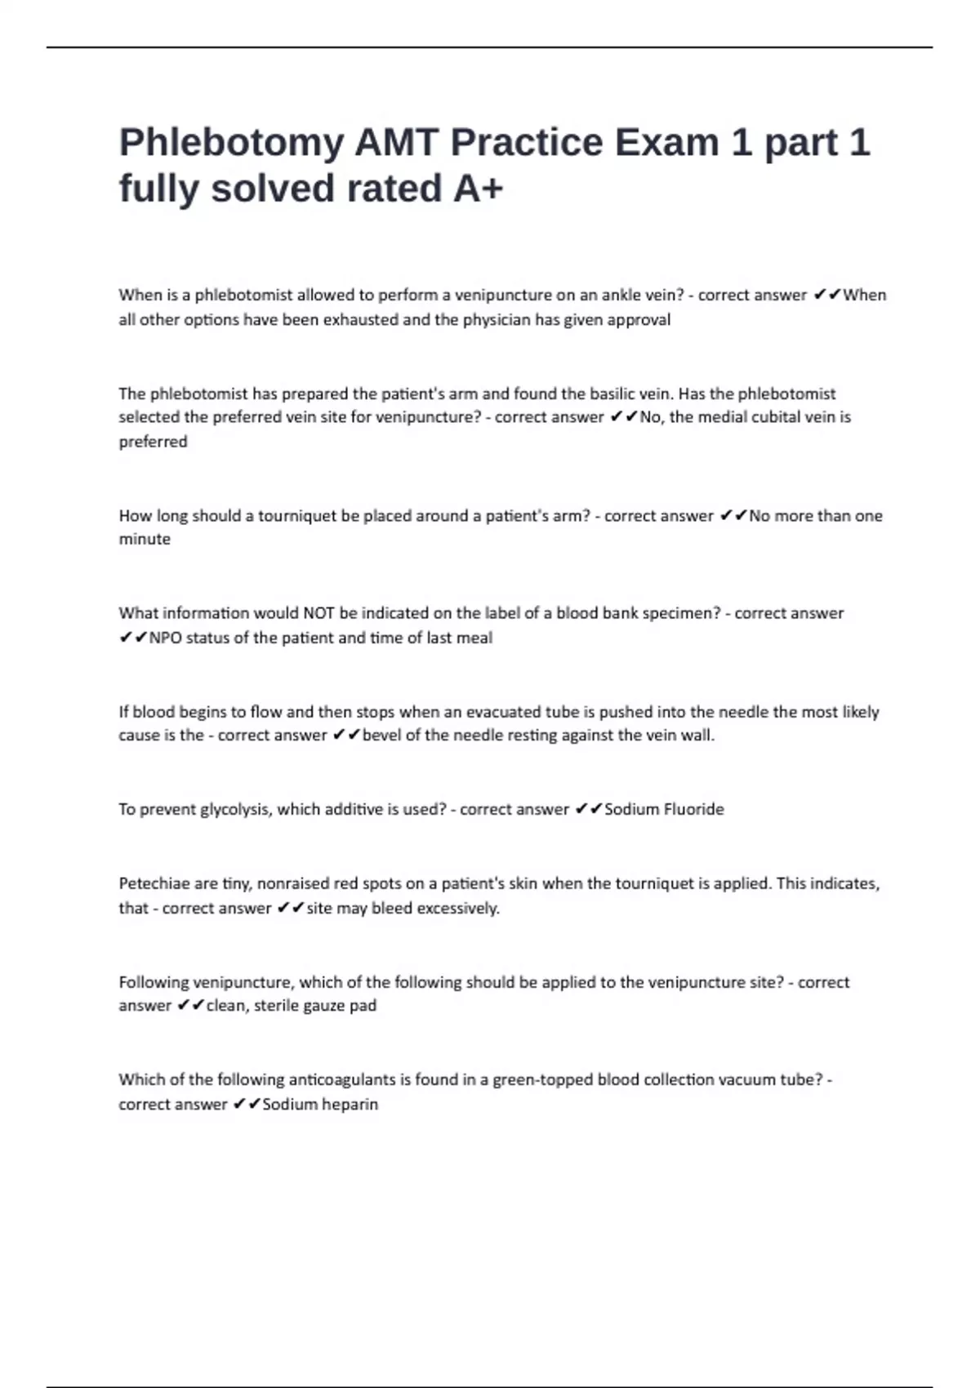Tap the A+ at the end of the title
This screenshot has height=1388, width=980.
(x=478, y=189)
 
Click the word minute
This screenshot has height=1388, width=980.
(x=145, y=539)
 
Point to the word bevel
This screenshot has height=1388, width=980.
(x=381, y=735)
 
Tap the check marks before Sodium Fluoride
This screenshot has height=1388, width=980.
(x=588, y=809)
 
